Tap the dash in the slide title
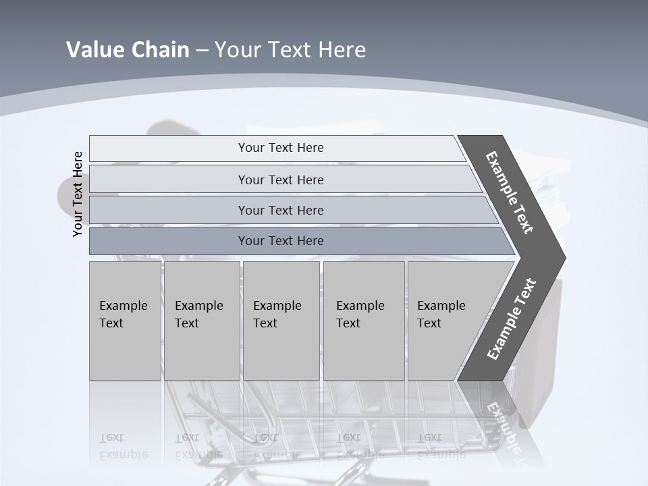[x=202, y=51]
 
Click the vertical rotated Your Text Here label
[x=78, y=194]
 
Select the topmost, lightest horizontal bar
[x=280, y=148]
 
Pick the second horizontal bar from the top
[x=280, y=180]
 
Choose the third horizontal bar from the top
[x=280, y=210]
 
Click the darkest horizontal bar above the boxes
[x=280, y=241]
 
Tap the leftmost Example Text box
[x=125, y=321]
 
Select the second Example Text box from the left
[x=202, y=321]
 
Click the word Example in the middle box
[x=277, y=306]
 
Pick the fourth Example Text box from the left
[x=363, y=321]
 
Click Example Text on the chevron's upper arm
[x=510, y=192]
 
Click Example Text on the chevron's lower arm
[x=512, y=319]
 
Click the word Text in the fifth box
[x=429, y=323]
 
